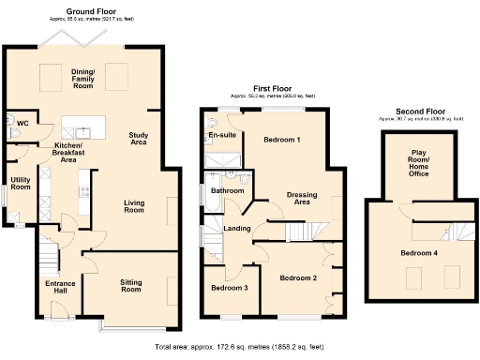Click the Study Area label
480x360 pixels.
(x=138, y=141)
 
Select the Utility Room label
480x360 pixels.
(x=21, y=184)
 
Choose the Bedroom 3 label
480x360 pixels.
(x=229, y=287)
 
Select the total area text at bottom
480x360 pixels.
(x=239, y=348)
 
